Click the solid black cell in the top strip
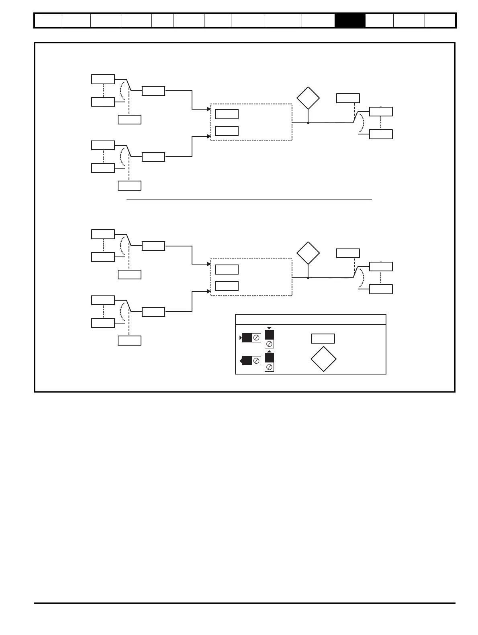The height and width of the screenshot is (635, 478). coord(350,20)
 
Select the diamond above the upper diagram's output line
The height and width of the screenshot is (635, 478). coord(308,98)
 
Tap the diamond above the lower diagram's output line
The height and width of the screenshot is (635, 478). coord(308,253)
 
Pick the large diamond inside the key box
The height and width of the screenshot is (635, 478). coord(323,359)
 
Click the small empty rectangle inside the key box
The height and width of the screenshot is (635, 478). coord(323,338)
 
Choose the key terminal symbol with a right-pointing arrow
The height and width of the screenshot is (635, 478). coord(251,338)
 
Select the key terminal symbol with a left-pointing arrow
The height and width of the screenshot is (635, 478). coord(251,361)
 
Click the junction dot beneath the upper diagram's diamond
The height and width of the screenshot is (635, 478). coord(308,123)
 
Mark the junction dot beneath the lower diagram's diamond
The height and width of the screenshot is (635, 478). coord(308,278)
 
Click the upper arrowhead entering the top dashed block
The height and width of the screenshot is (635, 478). coord(209,109)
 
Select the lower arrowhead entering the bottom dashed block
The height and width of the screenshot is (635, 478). coord(209,291)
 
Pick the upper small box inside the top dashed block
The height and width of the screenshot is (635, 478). coord(227,114)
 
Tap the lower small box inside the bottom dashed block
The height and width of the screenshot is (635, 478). coord(227,286)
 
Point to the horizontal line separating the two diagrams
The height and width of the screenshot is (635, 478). coord(249,199)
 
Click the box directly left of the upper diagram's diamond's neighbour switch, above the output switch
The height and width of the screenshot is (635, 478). coord(348,98)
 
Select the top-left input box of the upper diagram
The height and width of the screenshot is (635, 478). coord(103,79)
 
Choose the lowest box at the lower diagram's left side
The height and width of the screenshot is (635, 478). coord(129,340)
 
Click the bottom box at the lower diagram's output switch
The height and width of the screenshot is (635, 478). coord(381,289)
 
